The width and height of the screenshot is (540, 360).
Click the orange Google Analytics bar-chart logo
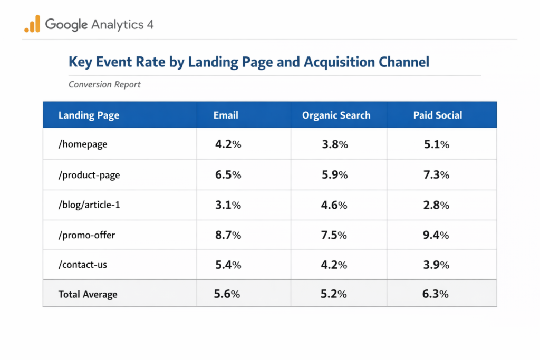32,24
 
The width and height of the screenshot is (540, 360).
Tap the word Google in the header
66,24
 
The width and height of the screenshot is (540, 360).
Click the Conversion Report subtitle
104,84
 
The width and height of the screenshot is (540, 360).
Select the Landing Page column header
89,115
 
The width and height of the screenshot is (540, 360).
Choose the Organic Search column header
336,115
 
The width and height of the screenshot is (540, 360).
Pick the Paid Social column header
438,115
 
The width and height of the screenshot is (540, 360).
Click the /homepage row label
83,144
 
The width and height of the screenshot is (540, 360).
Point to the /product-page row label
89,175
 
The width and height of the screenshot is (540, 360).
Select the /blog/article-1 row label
89,205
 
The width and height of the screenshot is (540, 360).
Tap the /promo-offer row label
86,235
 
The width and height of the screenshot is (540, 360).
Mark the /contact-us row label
83,265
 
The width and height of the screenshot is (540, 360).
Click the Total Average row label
88,295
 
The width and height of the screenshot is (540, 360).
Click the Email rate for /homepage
228,144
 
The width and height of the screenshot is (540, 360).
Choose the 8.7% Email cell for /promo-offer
228,235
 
